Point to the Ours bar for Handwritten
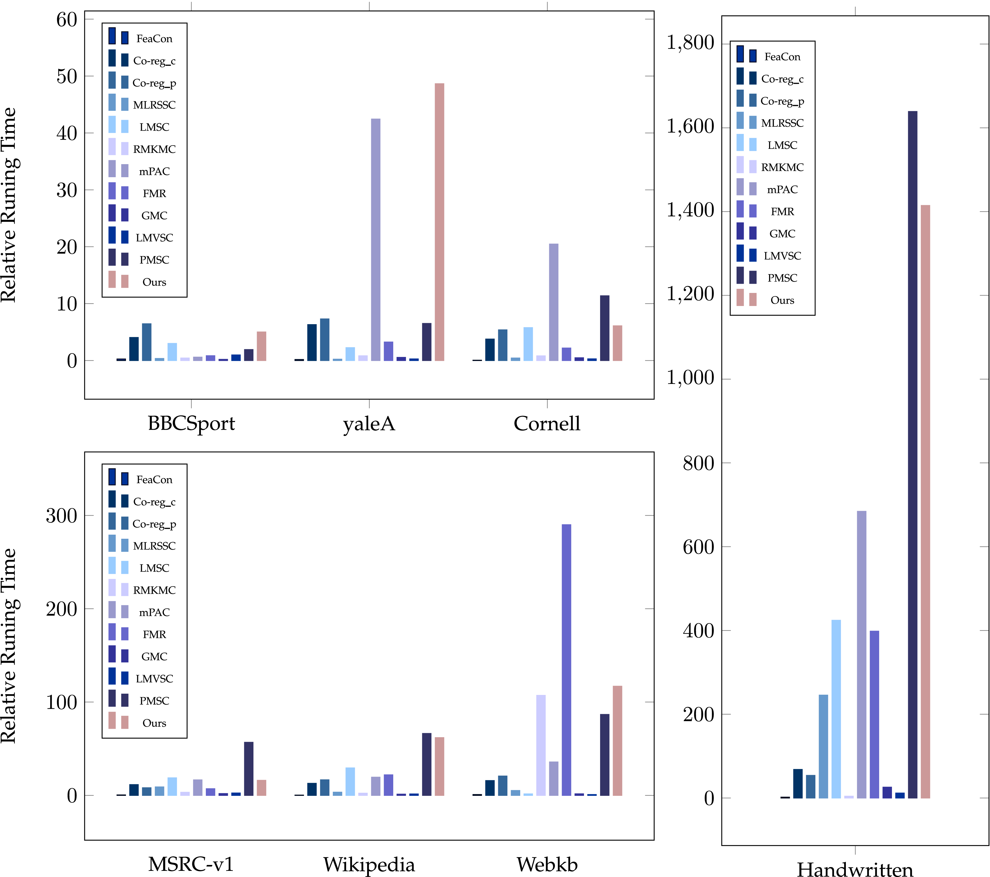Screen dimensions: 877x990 [x=925, y=501]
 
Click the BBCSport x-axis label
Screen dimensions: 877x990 [x=191, y=424]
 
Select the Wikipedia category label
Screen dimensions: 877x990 [x=369, y=864]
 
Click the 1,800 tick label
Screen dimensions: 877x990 [x=690, y=43]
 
